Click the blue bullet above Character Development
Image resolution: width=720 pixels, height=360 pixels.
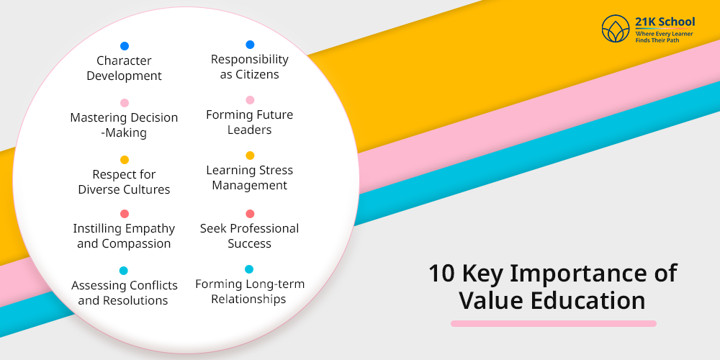point(125,46)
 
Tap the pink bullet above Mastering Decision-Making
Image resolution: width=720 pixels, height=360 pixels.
point(125,103)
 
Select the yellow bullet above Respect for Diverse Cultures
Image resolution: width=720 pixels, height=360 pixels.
point(125,160)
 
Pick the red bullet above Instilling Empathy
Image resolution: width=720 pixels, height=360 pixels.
point(125,214)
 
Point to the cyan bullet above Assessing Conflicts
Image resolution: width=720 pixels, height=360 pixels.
point(124,271)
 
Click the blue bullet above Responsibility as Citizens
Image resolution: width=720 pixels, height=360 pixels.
point(250,45)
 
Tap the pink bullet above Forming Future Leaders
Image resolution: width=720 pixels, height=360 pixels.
point(250,100)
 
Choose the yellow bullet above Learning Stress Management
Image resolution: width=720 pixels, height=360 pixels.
point(250,156)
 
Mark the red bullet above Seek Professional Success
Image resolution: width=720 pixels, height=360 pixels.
point(250,214)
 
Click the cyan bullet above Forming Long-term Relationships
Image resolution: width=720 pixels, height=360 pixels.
point(249,269)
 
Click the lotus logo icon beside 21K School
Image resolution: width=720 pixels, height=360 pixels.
point(616,29)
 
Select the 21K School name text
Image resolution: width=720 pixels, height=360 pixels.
point(665,22)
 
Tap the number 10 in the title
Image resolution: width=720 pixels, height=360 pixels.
point(442,273)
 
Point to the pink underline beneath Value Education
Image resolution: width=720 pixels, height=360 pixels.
point(553,324)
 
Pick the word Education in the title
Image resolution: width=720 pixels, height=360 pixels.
point(588,301)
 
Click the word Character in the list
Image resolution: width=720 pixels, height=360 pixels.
point(124,60)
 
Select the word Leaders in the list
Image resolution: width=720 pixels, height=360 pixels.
point(249,130)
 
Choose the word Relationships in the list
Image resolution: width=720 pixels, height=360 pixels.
point(248,300)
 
